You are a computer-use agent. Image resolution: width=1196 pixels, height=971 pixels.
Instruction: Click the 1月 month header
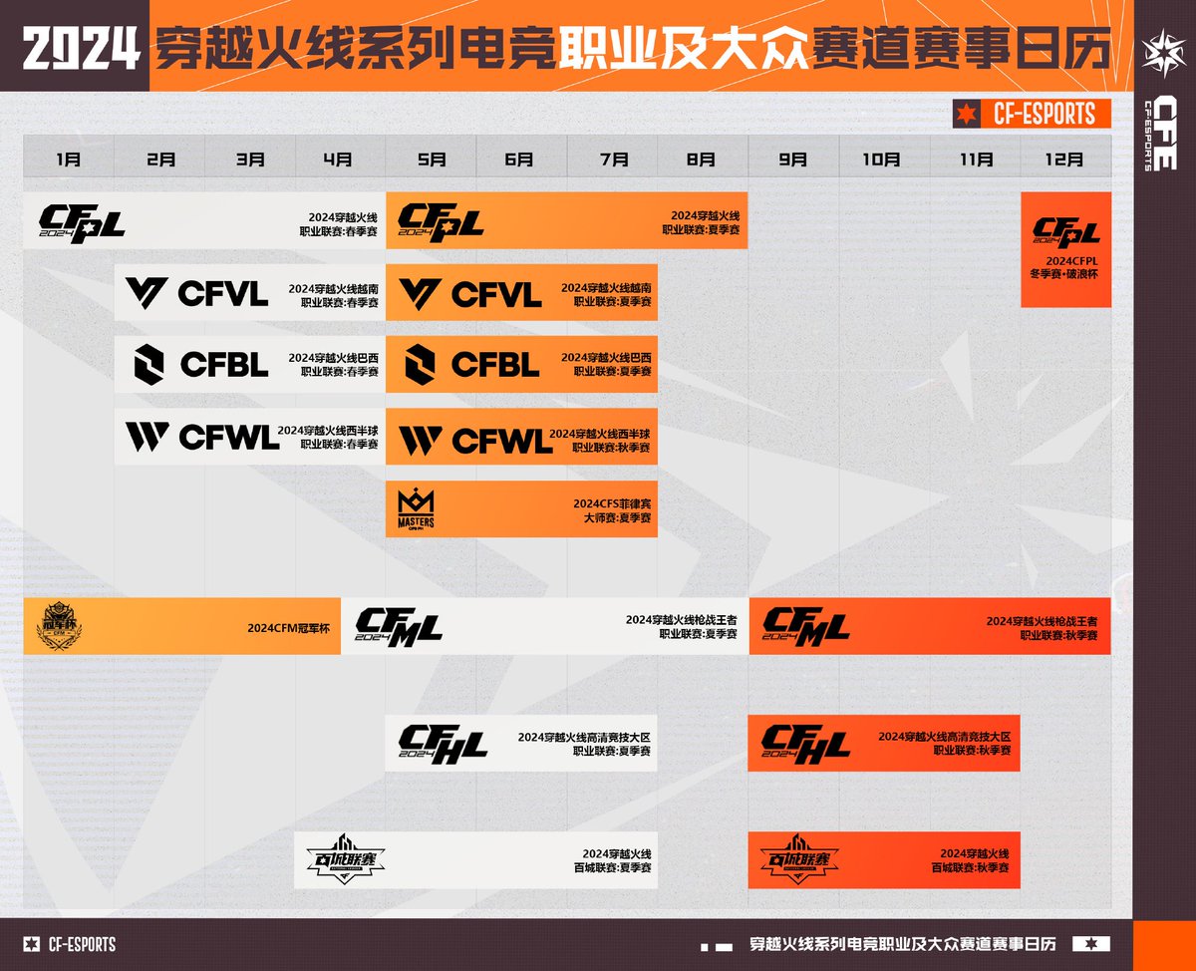[x=69, y=158]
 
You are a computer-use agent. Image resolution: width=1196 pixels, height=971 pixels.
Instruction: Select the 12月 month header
[x=1065, y=158]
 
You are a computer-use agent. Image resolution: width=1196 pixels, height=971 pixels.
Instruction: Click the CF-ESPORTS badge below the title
[x=1032, y=114]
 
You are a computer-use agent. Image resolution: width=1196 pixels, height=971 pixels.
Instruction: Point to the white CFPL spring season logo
[x=82, y=221]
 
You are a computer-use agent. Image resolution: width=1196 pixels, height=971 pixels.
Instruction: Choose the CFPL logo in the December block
[x=1065, y=232]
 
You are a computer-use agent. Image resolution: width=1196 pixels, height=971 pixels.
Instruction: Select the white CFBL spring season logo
[x=200, y=364]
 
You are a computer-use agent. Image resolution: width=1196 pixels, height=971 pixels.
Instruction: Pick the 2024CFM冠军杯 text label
[x=291, y=628]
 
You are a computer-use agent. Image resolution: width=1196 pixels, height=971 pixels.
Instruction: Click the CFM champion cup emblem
[x=61, y=626]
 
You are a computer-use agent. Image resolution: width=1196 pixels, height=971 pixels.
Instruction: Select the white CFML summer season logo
[x=399, y=627]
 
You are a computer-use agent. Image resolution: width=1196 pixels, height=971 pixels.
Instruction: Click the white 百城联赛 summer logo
[x=345, y=858]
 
